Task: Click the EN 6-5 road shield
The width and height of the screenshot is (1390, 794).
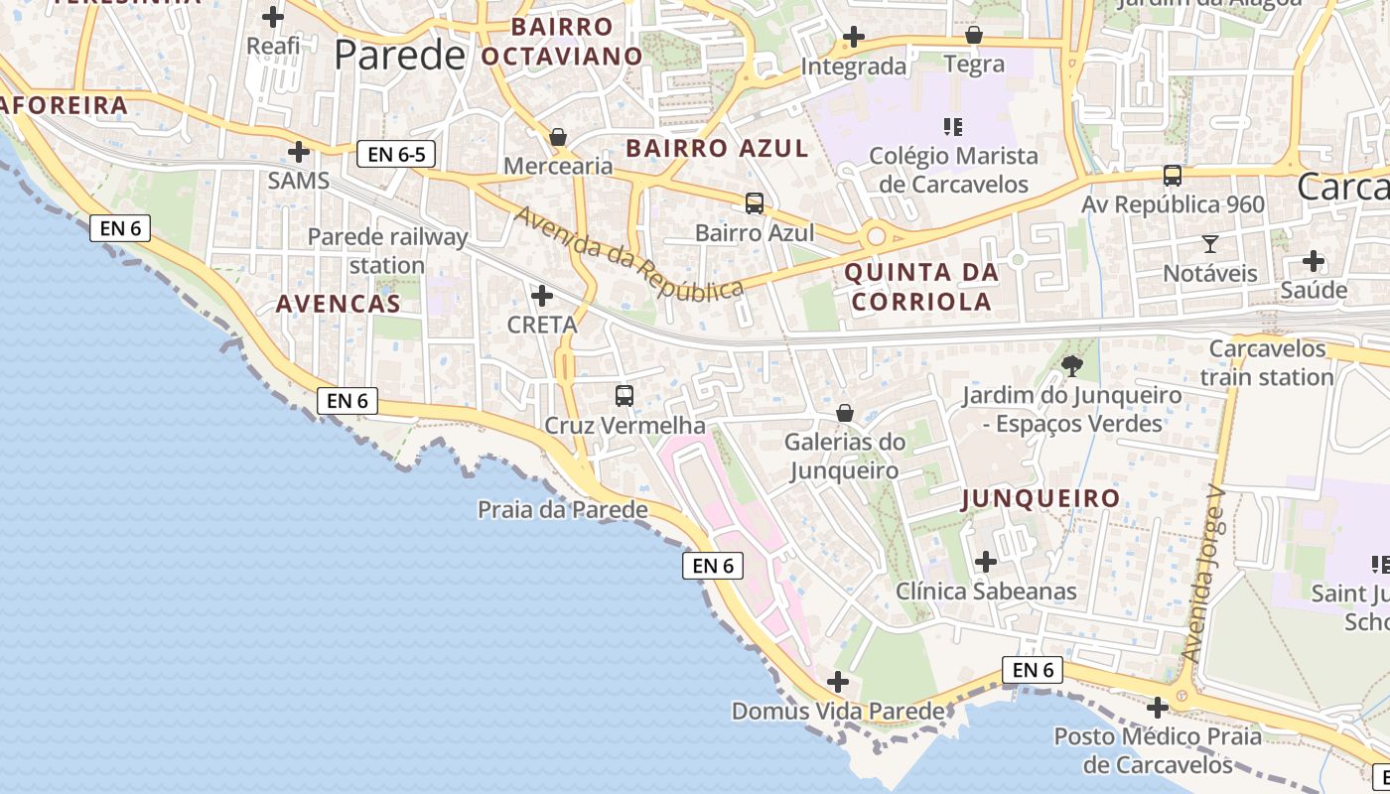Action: point(395,154)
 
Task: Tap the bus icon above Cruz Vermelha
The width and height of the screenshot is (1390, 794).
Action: point(625,396)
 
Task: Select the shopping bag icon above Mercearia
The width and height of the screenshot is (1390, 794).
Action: point(558,136)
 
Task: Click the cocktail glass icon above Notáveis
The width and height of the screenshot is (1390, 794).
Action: point(1209,243)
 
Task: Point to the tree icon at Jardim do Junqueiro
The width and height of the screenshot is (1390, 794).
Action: point(1071,366)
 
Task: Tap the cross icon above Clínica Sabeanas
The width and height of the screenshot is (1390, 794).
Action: point(985,562)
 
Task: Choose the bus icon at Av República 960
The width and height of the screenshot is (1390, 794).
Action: point(1173,176)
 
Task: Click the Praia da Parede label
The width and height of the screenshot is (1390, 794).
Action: point(562,510)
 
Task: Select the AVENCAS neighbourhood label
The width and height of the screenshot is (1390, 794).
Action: point(338,304)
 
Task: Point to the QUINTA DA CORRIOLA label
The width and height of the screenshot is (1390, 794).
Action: point(921,287)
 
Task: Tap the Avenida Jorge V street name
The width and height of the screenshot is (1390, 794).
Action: point(1205,576)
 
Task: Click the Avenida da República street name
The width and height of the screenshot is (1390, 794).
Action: point(628,253)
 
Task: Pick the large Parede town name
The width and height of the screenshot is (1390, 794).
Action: point(399,56)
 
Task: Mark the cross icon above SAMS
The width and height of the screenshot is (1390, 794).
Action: point(298,152)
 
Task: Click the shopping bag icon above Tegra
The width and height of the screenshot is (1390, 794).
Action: point(974,36)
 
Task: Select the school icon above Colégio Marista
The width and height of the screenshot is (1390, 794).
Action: point(953,127)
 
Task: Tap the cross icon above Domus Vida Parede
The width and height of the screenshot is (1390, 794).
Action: point(838,682)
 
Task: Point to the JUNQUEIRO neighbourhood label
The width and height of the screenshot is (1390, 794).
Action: point(1041,498)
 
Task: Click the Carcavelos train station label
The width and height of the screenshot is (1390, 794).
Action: point(1267,363)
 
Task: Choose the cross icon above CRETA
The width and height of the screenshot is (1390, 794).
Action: point(542,296)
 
